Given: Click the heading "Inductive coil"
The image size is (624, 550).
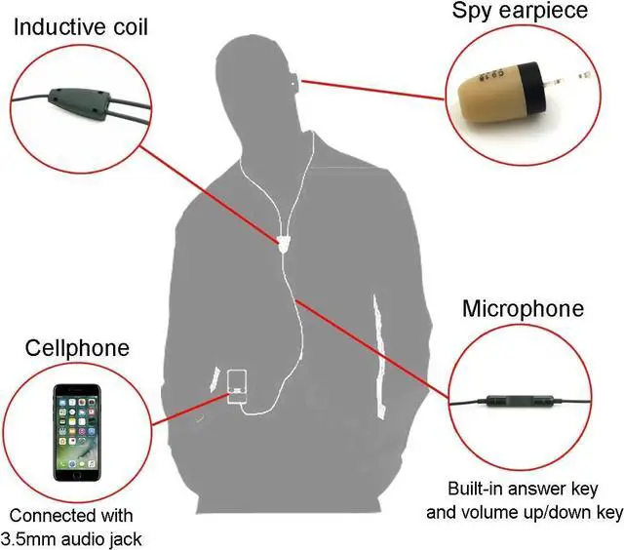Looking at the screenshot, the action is (x=80, y=25).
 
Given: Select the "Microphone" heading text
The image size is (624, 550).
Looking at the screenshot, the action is (x=523, y=309).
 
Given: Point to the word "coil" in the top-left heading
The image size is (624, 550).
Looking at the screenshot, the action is (x=127, y=25).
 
